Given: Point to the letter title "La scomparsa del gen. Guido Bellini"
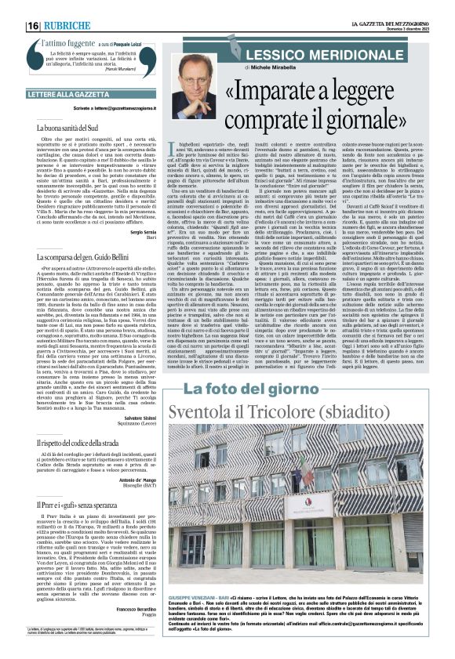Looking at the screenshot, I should (x=82, y=257).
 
